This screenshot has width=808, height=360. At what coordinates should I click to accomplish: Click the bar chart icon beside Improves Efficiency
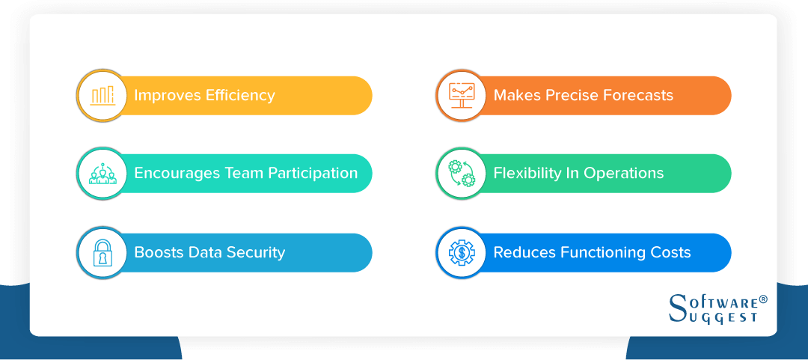click(102, 95)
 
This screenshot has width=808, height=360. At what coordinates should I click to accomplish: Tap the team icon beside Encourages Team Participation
click(102, 174)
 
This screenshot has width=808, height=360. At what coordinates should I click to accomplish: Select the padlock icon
click(102, 253)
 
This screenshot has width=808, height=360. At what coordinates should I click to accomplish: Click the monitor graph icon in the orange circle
click(461, 95)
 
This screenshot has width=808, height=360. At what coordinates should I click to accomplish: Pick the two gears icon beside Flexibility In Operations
click(461, 174)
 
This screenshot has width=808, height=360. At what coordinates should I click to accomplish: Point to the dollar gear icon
click(461, 253)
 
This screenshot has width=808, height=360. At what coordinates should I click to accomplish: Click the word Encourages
click(177, 174)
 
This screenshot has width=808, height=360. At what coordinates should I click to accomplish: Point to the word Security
click(256, 252)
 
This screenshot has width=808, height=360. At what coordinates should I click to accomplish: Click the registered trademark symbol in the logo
click(764, 299)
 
